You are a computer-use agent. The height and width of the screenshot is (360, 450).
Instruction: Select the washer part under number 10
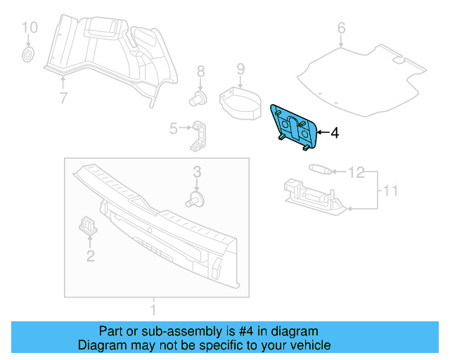coord(29,54)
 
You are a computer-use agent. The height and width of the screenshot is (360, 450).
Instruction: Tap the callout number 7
coord(63,98)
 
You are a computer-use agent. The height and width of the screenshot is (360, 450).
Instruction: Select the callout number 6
coord(342,28)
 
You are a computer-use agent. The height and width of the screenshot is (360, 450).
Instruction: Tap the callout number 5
coord(173,128)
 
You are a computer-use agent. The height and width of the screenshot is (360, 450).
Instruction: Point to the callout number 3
coord(198,172)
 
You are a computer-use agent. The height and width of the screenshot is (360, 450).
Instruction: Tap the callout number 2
coord(90,257)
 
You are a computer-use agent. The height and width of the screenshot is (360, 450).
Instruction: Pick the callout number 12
coord(357,172)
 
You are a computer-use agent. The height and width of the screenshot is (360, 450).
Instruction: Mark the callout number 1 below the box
coord(154,309)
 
